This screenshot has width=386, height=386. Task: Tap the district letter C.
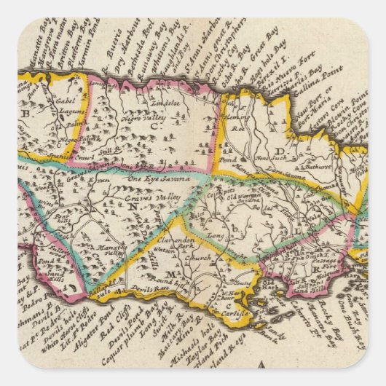[154, 127]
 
